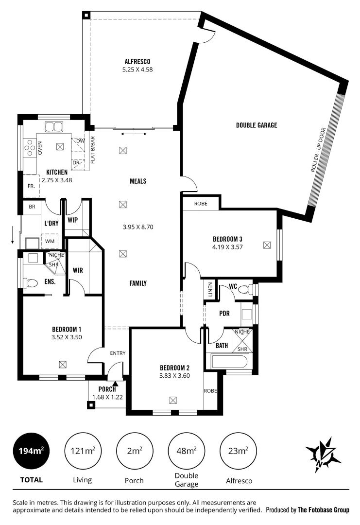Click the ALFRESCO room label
coord(137,61)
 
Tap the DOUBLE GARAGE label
coord(256,125)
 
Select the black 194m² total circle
coord(32,451)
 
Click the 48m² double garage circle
coord(186,451)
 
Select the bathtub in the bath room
coord(230,362)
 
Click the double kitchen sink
coord(53,127)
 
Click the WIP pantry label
coord(73,220)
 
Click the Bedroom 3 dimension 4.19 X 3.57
coord(227,246)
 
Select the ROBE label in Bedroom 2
coord(210,390)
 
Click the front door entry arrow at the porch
coord(115,384)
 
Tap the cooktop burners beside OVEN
coord(30,147)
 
